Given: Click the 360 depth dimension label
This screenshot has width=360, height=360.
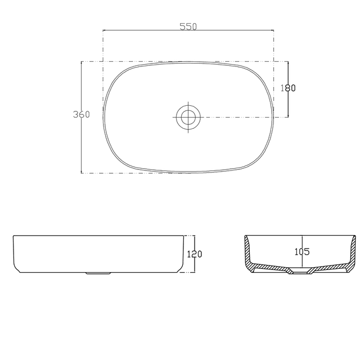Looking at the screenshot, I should [82, 114].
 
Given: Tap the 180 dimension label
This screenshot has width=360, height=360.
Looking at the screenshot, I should [288, 88].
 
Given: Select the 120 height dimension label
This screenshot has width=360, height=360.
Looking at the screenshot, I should [194, 254].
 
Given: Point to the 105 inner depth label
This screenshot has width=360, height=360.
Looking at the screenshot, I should [301, 251].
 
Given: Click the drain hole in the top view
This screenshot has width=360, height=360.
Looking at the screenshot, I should [187, 117].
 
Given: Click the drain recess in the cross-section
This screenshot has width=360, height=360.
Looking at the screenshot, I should [301, 273].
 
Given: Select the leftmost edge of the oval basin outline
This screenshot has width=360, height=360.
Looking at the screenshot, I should [103, 116].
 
